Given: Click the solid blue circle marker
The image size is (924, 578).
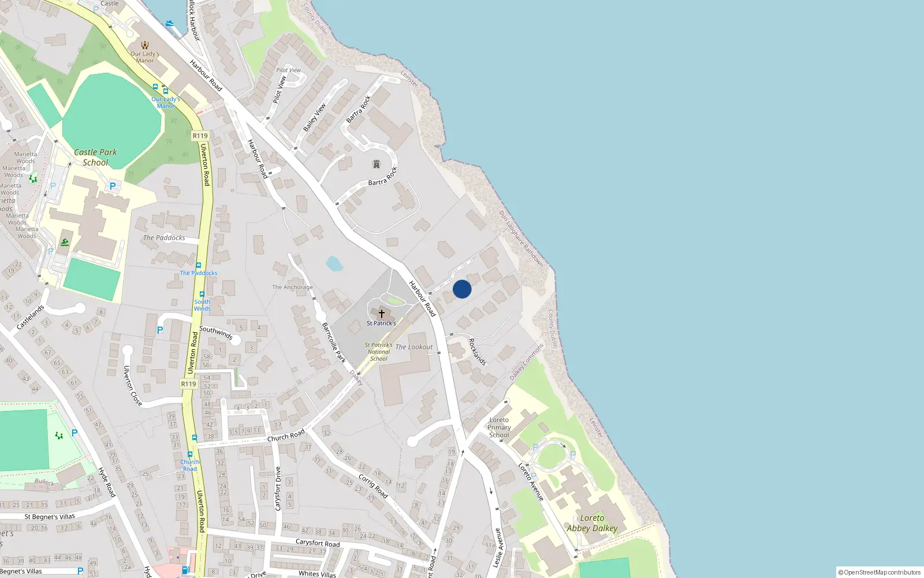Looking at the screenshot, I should tap(462, 289).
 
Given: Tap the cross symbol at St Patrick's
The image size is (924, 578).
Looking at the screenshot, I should tap(381, 314).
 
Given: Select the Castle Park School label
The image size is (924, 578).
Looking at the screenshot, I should tap(95, 157).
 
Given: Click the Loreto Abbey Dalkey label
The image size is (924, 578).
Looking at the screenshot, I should tap(592, 523).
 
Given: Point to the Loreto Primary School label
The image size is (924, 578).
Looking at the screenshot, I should tap(499, 428).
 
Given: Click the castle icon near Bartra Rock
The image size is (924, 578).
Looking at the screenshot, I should tap(377, 164).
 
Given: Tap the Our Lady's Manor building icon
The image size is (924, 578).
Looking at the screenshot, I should tap(145, 45).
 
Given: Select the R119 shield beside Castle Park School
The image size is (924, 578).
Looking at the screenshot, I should tap(200, 136).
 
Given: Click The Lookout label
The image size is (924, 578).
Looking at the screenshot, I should tap(414, 347).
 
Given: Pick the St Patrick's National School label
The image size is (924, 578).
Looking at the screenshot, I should tap(379, 351).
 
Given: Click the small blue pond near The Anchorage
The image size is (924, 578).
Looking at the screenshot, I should tap(334, 264).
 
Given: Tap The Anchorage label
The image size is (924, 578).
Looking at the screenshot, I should tap(292, 287).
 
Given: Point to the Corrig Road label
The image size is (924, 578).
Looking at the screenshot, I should tap(373, 486).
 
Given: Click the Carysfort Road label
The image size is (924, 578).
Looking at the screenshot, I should tap(318, 543).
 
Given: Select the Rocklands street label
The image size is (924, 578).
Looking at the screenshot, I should tap(477, 351).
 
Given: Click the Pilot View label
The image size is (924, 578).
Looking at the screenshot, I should tap(288, 70).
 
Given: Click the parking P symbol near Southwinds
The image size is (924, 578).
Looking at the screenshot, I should tap(160, 330).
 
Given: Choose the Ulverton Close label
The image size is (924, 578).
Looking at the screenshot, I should tap(132, 386).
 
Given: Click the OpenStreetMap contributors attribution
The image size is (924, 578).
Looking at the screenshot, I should tap(880, 572).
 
